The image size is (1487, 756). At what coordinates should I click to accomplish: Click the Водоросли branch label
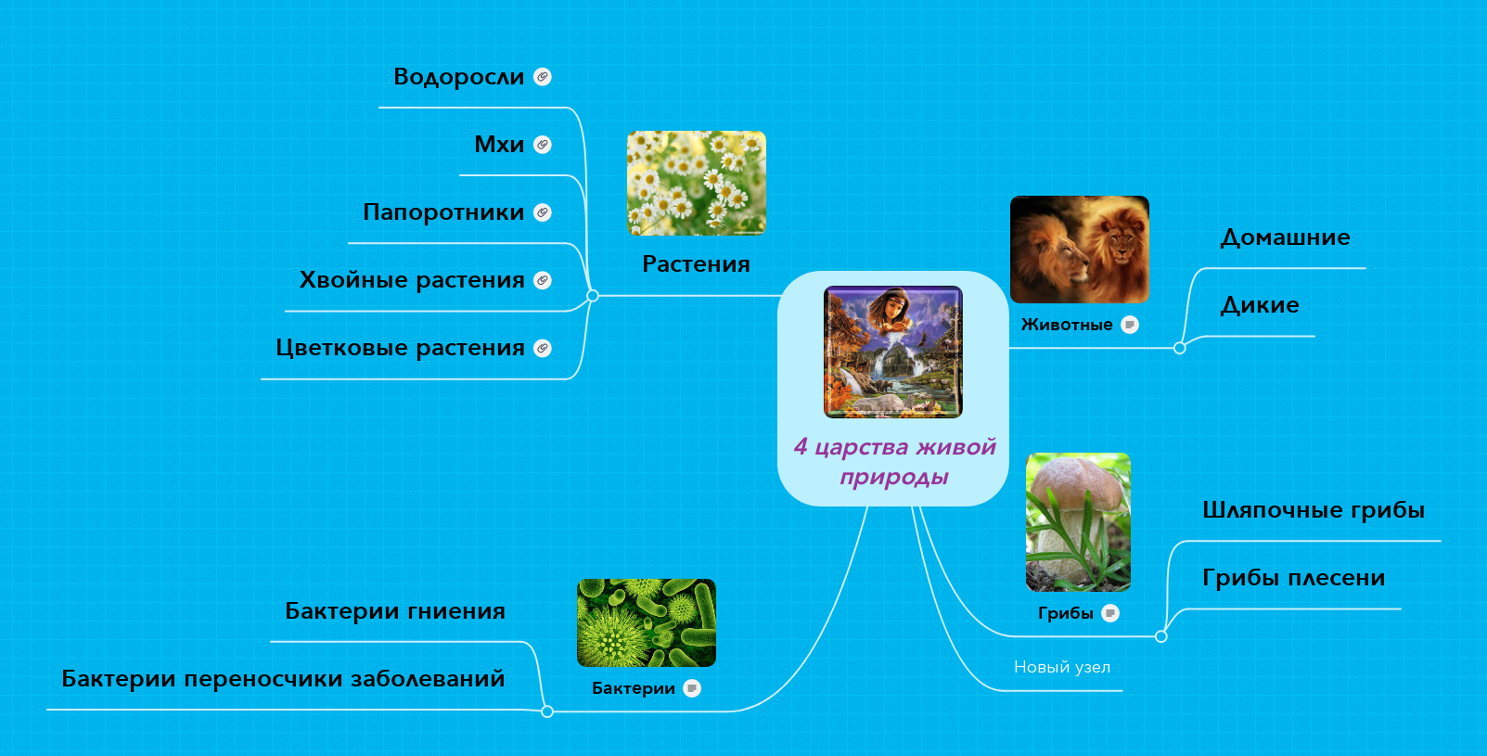[458, 77]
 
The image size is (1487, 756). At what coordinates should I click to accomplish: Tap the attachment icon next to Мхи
[543, 145]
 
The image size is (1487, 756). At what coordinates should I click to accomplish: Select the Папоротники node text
[443, 212]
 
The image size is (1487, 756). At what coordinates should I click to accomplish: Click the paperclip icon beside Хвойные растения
[543, 280]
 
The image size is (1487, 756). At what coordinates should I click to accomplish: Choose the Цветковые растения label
[401, 348]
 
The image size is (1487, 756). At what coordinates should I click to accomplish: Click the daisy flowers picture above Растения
[697, 183]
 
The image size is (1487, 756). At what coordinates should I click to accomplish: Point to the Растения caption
[696, 264]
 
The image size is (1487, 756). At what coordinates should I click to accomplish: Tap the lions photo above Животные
[1080, 250]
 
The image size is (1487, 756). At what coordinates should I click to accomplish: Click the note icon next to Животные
[1129, 325]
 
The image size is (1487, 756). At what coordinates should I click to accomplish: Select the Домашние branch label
[1285, 237]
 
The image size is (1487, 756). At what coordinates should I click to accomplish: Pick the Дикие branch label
[1260, 305]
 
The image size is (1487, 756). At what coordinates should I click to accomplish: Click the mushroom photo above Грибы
[1078, 522]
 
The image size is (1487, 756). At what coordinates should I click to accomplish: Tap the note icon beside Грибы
[1110, 613]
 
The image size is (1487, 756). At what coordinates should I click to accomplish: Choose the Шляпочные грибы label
[1314, 510]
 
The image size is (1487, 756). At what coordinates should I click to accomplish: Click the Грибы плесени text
[1294, 578]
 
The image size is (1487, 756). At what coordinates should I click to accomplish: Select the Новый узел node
[1062, 667]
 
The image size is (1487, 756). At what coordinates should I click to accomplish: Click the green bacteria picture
[647, 622]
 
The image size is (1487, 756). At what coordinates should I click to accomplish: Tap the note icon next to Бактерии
[692, 688]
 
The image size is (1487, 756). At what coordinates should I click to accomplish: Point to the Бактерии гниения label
[395, 611]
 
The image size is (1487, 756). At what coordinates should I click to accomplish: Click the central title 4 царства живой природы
[894, 461]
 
